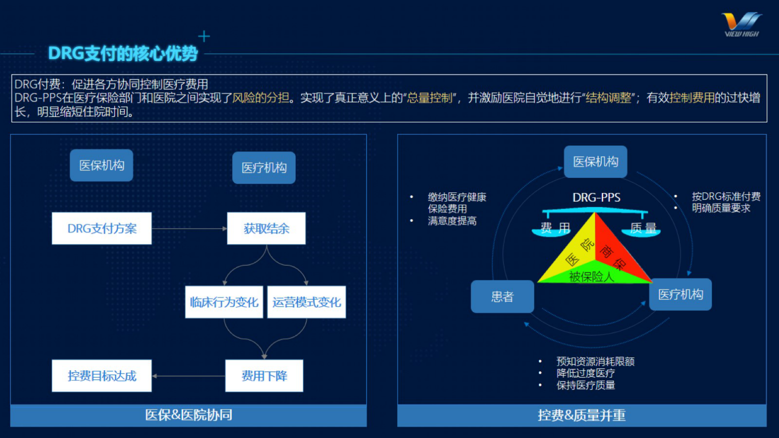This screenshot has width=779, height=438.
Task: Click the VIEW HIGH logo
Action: [x=742, y=25]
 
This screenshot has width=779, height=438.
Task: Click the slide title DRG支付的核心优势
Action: [x=123, y=53]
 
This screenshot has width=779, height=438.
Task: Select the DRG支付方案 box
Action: [x=102, y=228]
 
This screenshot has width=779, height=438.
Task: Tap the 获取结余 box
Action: [x=266, y=228]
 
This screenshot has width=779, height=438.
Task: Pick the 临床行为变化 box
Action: [x=224, y=302]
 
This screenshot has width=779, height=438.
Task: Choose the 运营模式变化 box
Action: [x=306, y=302]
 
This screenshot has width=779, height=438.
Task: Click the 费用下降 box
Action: [x=264, y=376]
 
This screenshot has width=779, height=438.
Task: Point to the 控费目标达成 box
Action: [x=102, y=376]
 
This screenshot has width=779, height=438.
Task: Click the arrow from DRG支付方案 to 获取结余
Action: [x=189, y=228]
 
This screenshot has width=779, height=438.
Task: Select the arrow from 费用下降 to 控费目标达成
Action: [x=188, y=376]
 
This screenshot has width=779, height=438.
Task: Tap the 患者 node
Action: [x=502, y=297]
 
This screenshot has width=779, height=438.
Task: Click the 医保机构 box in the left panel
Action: [x=102, y=165]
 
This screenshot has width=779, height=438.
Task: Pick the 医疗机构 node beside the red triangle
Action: [x=680, y=295]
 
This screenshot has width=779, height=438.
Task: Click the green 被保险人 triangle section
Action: [x=591, y=276]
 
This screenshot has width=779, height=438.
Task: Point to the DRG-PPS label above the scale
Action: [x=596, y=197]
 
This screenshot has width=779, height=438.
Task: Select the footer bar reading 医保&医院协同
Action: [x=188, y=415]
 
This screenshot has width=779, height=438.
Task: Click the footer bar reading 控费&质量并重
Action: [x=582, y=415]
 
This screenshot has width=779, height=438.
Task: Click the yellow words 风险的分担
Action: [x=261, y=98]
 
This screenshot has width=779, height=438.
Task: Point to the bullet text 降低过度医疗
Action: [x=586, y=373]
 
